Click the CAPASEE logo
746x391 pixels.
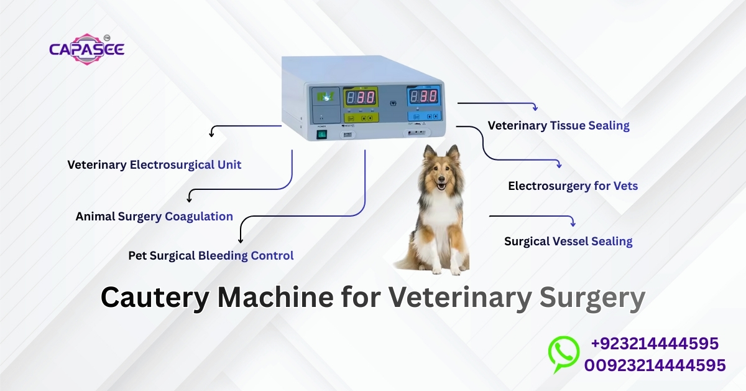click(x=87, y=49)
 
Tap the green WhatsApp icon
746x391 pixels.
click(x=563, y=352)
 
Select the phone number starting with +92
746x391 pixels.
click(x=654, y=344)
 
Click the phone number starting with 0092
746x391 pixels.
click(x=654, y=365)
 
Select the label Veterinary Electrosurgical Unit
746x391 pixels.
click(x=154, y=165)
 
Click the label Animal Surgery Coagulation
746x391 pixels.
click(x=154, y=217)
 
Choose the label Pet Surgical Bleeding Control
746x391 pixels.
click(x=211, y=255)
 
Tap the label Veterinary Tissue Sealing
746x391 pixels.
click(x=558, y=126)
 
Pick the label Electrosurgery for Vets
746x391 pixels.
click(x=573, y=186)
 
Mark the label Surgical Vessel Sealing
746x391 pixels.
click(x=568, y=242)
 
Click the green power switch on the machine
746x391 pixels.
click(x=322, y=133)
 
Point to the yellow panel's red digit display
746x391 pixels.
click(x=360, y=98)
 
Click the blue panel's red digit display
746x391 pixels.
click(x=423, y=97)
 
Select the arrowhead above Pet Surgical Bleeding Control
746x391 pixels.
click(x=241, y=239)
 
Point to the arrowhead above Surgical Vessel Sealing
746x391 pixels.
click(x=573, y=223)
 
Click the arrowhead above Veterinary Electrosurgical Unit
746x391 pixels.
click(x=212, y=133)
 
